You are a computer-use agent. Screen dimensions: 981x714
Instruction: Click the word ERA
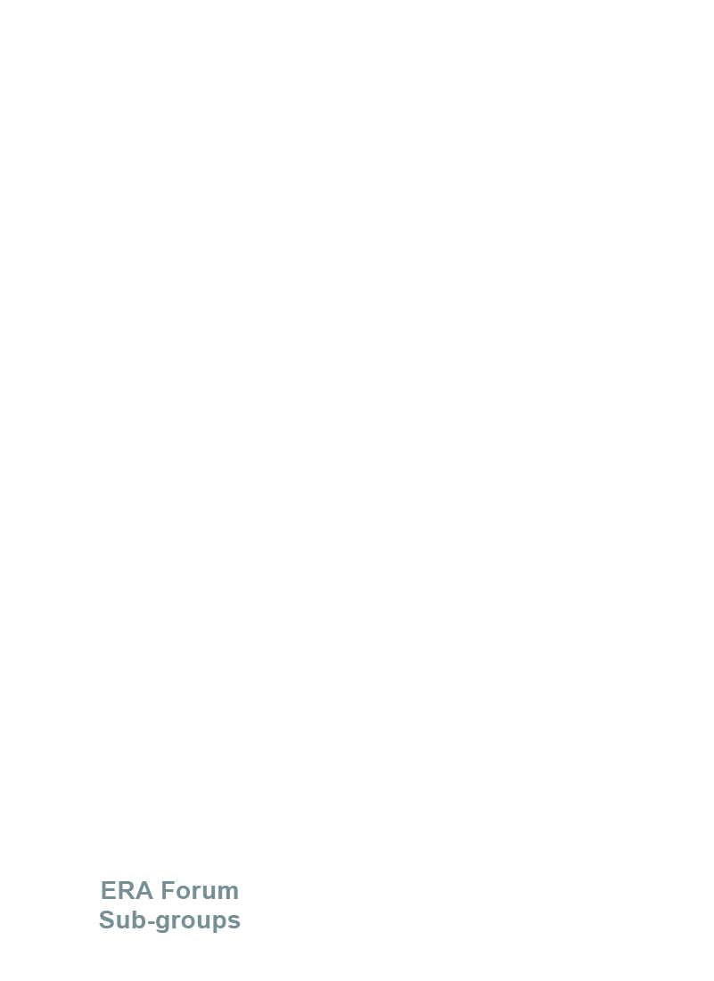click(x=127, y=890)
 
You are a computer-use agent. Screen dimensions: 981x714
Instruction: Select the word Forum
click(x=200, y=890)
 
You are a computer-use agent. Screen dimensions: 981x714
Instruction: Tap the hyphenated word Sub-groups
click(x=169, y=920)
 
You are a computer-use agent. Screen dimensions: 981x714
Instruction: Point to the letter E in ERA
click(x=109, y=890)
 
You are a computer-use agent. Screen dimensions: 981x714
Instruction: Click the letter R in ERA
click(x=127, y=890)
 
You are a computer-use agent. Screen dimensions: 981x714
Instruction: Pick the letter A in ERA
click(x=144, y=890)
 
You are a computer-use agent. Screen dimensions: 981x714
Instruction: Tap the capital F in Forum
click(x=167, y=890)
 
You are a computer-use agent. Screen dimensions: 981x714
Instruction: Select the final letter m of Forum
click(x=227, y=893)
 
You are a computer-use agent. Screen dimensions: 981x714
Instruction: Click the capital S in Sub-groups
click(x=106, y=920)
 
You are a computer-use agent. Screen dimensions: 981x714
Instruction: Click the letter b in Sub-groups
click(x=139, y=920)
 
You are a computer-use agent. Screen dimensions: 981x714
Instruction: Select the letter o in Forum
click(x=182, y=893)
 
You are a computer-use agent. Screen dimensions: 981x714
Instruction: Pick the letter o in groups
click(x=185, y=922)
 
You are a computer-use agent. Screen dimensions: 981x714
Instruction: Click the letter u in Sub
click(x=123, y=922)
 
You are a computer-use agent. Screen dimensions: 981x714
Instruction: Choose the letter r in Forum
click(x=194, y=893)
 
